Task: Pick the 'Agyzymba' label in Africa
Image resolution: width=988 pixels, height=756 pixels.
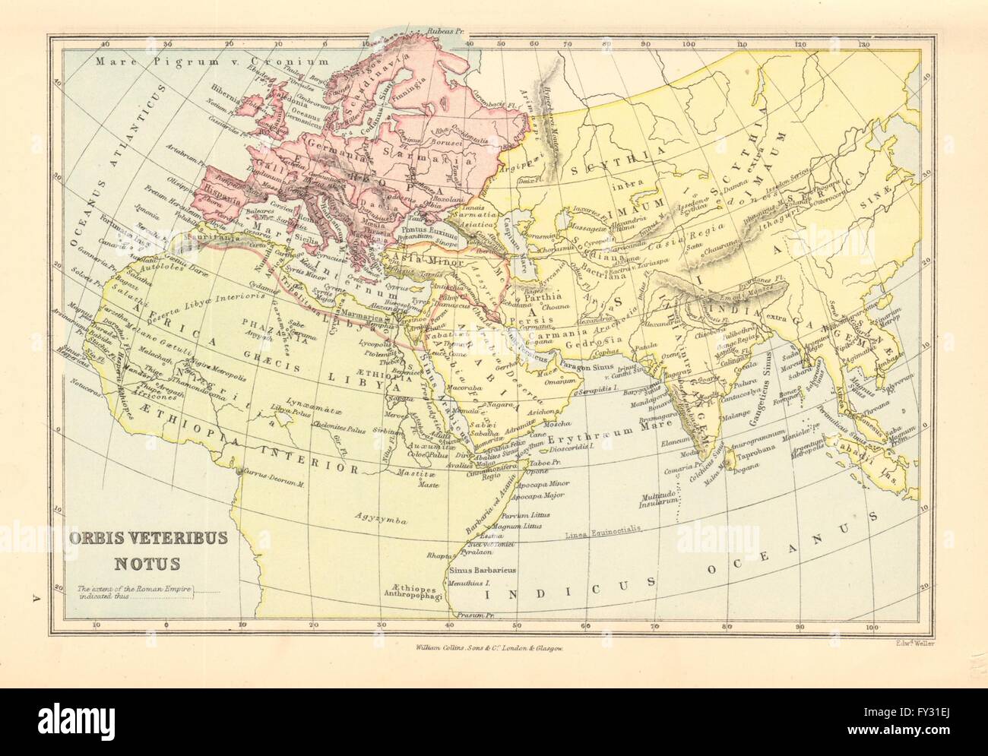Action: (380, 519)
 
